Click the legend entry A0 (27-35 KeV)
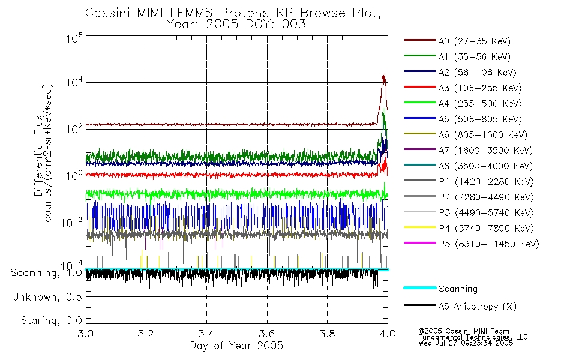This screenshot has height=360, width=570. [x=457, y=41]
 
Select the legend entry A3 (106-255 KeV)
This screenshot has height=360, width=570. [x=463, y=88]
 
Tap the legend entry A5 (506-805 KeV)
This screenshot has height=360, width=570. [x=463, y=119]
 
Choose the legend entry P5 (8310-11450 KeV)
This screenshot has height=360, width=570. [x=472, y=244]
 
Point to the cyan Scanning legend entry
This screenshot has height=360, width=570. [x=440, y=289]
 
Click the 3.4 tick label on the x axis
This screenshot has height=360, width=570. [x=206, y=334]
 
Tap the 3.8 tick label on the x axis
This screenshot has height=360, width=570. [x=327, y=334]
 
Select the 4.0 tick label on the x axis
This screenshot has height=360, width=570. [x=388, y=334]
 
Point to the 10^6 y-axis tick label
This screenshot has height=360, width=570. [x=74, y=37]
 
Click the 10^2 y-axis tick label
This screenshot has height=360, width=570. [x=74, y=129]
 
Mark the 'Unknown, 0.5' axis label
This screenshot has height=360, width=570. [x=47, y=297]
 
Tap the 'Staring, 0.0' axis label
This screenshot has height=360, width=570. [x=51, y=320]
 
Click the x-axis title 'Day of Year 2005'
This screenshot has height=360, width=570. [x=236, y=346]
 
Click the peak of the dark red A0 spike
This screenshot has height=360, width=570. [x=383, y=74]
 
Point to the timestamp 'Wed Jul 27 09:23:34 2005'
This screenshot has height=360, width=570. [x=466, y=343]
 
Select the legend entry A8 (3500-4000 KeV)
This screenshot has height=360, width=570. [x=468, y=166]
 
